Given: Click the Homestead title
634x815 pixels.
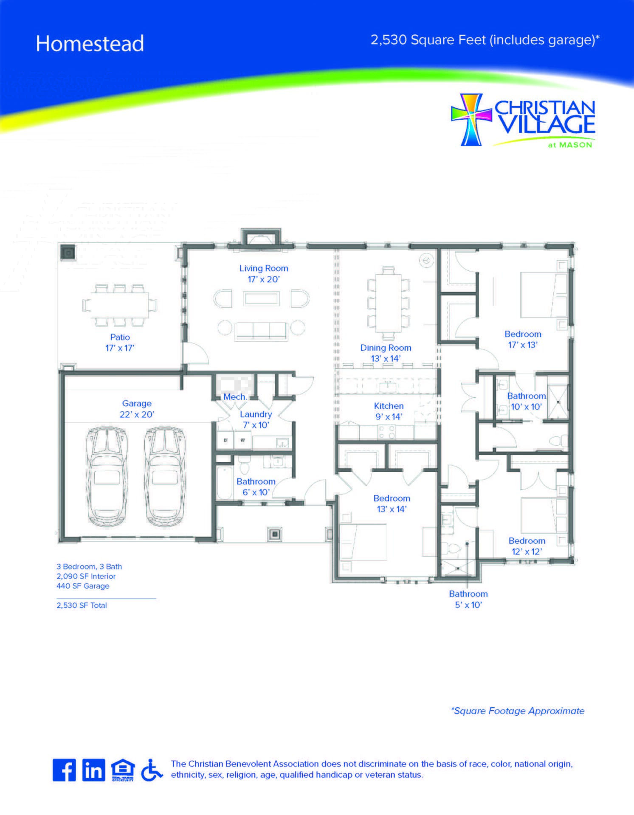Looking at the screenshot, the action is coord(90,44).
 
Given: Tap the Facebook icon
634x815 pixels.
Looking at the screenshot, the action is coord(64,770).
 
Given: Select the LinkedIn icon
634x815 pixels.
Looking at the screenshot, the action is coord(93,770).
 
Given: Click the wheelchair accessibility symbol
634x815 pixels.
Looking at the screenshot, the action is coord(152,770).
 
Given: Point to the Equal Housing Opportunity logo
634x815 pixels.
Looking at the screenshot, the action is coord(123,770).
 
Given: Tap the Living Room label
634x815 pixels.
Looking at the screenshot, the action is coord(264,268).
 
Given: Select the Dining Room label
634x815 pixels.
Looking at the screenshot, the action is coord(386,348).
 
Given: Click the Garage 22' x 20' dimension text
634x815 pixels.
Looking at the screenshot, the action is coord(137,414).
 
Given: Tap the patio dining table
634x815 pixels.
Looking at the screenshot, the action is coord(120,305).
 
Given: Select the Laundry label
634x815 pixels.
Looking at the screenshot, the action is coord(256,414).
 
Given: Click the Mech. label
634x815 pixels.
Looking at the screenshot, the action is coord(235,397).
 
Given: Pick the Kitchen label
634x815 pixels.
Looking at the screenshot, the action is coord(389,406).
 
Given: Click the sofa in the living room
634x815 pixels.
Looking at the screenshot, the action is coord(261,330).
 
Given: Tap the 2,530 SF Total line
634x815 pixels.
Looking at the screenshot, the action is coord(82,605).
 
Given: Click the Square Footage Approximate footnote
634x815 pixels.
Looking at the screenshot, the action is coord(518,711).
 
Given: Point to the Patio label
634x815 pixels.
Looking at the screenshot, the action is coord(120,337).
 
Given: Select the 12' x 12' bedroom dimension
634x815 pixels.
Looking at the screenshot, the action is coord(527,552).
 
